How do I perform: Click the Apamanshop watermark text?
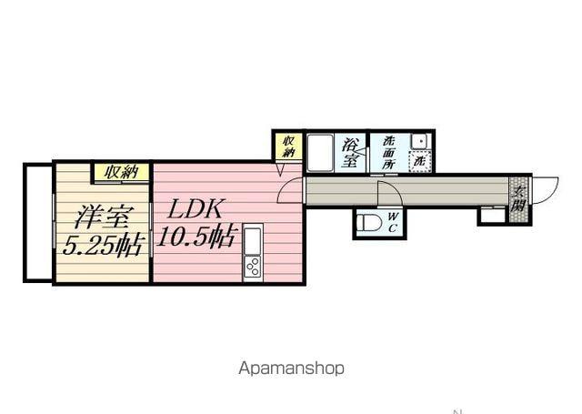point(292,369)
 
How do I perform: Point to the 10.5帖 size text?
point(196,238)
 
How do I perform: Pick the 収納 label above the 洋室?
point(119,172)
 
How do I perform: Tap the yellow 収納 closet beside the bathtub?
point(286,146)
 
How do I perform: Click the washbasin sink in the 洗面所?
point(419,141)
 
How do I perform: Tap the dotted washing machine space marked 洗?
point(419,159)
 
